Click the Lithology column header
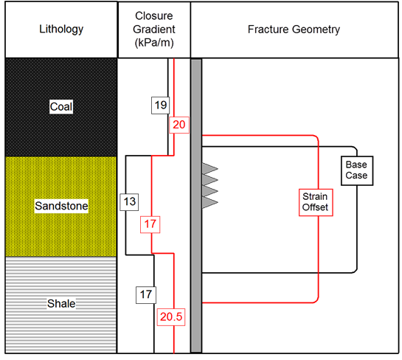tap(61, 30)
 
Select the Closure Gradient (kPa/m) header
tap(154, 30)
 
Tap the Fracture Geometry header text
tap(294, 30)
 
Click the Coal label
tap(61, 107)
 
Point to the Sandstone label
tap(61, 206)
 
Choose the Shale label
tap(61, 304)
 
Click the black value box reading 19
tap(161, 105)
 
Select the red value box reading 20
tap(179, 125)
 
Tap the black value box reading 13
tap(129, 202)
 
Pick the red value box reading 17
tap(150, 224)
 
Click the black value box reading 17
tap(146, 295)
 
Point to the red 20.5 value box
tap(171, 317)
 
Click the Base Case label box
tap(357, 170)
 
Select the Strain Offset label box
tap(316, 202)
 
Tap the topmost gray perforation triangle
tap(210, 169)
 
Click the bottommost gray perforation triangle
tap(210, 202)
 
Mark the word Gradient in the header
tap(154, 30)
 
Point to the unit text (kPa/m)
tap(154, 43)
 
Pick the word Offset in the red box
tap(315, 207)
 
